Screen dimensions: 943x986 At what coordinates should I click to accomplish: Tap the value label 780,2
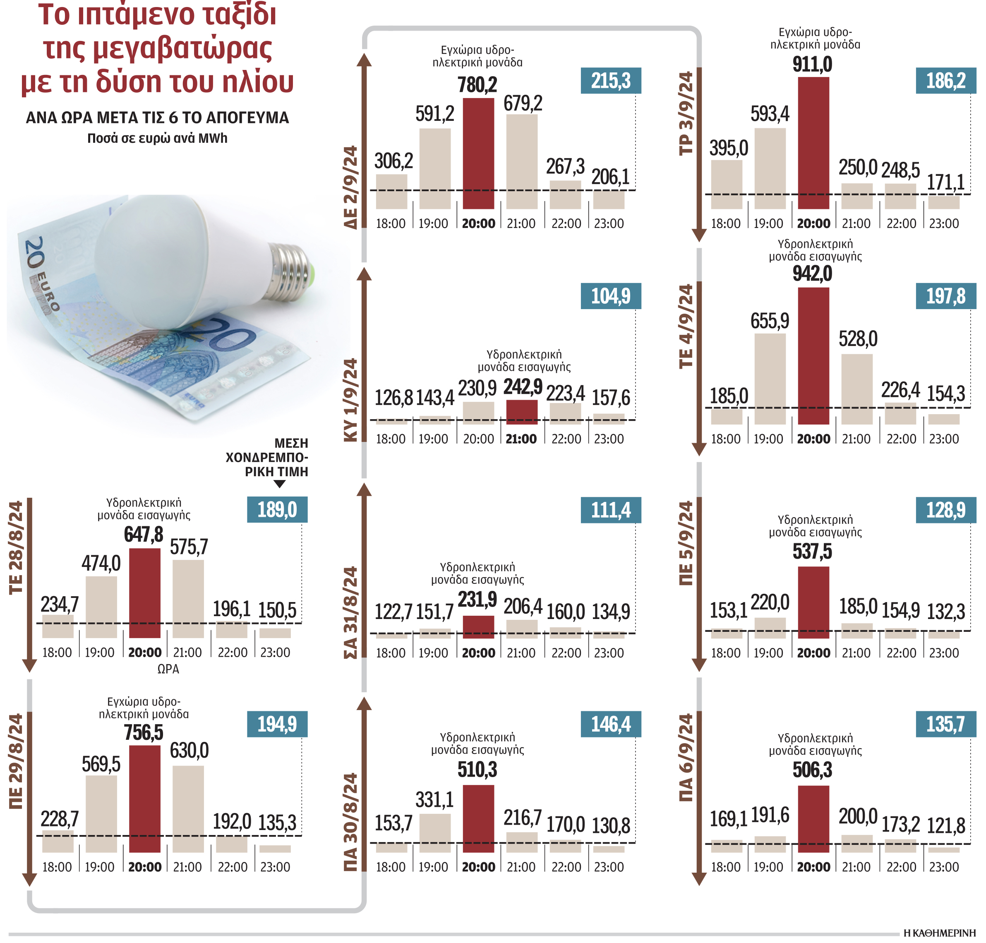pyautogui.click(x=477, y=85)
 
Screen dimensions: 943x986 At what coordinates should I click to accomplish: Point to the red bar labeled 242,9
pyautogui.click(x=522, y=412)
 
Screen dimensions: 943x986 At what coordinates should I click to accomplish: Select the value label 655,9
pyautogui.click(x=770, y=321)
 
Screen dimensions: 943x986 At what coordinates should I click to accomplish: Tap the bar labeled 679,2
pyautogui.click(x=522, y=161)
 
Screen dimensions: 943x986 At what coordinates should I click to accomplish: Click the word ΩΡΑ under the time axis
pyautogui.click(x=168, y=669)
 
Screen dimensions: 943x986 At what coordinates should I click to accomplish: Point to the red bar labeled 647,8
pyautogui.click(x=145, y=593)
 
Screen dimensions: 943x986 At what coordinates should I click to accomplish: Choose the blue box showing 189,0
pyautogui.click(x=277, y=510)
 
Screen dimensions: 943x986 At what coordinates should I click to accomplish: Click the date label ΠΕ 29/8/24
pyautogui.click(x=16, y=761)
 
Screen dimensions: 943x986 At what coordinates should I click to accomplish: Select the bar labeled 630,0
pyautogui.click(x=188, y=809)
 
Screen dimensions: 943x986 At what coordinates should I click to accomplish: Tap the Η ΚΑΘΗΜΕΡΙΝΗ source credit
pyautogui.click(x=939, y=933)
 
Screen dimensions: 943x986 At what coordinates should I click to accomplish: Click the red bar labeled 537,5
pyautogui.click(x=813, y=602)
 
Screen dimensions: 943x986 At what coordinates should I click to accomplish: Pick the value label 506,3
pyautogui.click(x=812, y=770)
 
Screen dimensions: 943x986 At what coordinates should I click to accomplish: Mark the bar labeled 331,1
pyautogui.click(x=435, y=833)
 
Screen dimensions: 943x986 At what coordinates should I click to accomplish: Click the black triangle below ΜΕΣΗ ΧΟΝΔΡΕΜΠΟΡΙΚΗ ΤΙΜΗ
pyautogui.click(x=279, y=484)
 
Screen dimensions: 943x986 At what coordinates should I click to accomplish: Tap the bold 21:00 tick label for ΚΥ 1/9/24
pyautogui.click(x=521, y=439)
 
